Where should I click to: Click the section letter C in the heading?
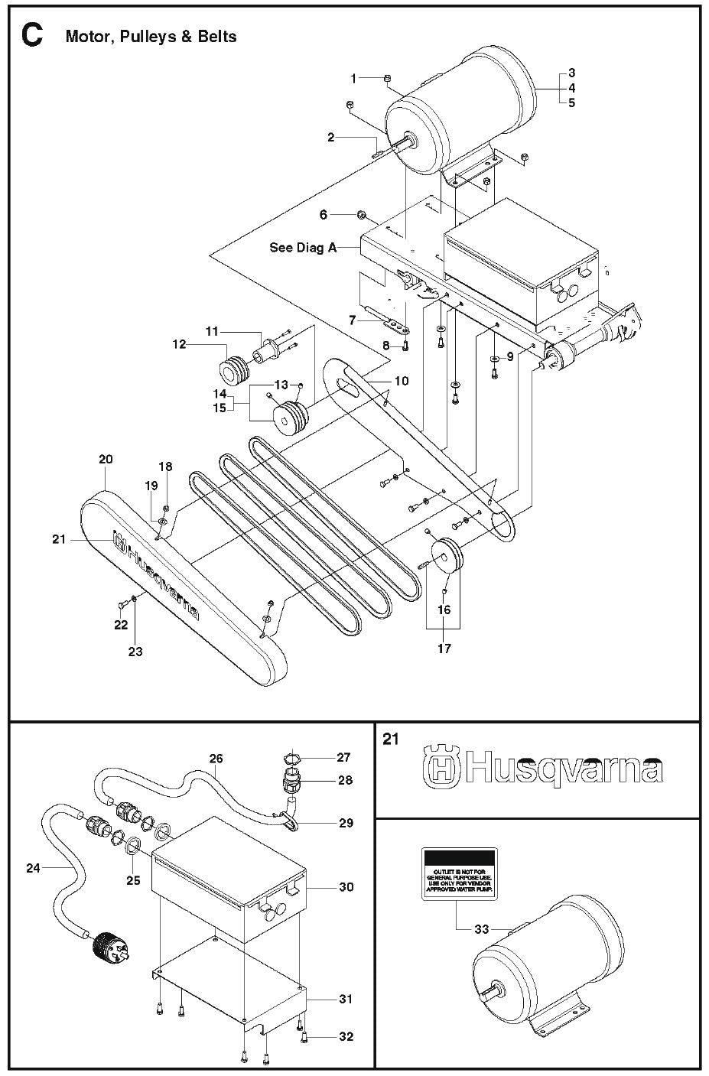coord(33,35)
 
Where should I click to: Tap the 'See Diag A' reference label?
coord(303,248)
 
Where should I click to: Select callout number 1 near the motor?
coord(354,78)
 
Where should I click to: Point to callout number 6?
coord(324,215)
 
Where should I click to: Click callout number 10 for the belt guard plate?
coord(401,380)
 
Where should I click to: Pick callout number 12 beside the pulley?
coord(179,345)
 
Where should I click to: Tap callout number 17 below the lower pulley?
coord(444,649)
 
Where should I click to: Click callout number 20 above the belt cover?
coord(106,459)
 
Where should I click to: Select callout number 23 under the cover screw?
coord(135,652)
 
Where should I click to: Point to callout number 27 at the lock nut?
coord(343,757)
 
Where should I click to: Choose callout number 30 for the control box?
coord(346,887)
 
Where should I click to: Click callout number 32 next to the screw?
coord(346,1037)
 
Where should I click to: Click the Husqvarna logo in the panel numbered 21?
coord(543,769)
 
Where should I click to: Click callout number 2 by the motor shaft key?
coord(331,138)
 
